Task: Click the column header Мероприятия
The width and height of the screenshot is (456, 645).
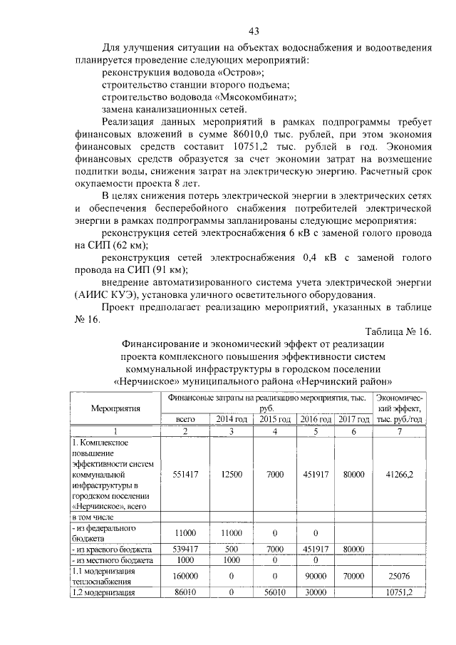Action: [115, 408]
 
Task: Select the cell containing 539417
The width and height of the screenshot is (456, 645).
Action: [185, 549]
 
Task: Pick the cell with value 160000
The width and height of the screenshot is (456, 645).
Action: [185, 575]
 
